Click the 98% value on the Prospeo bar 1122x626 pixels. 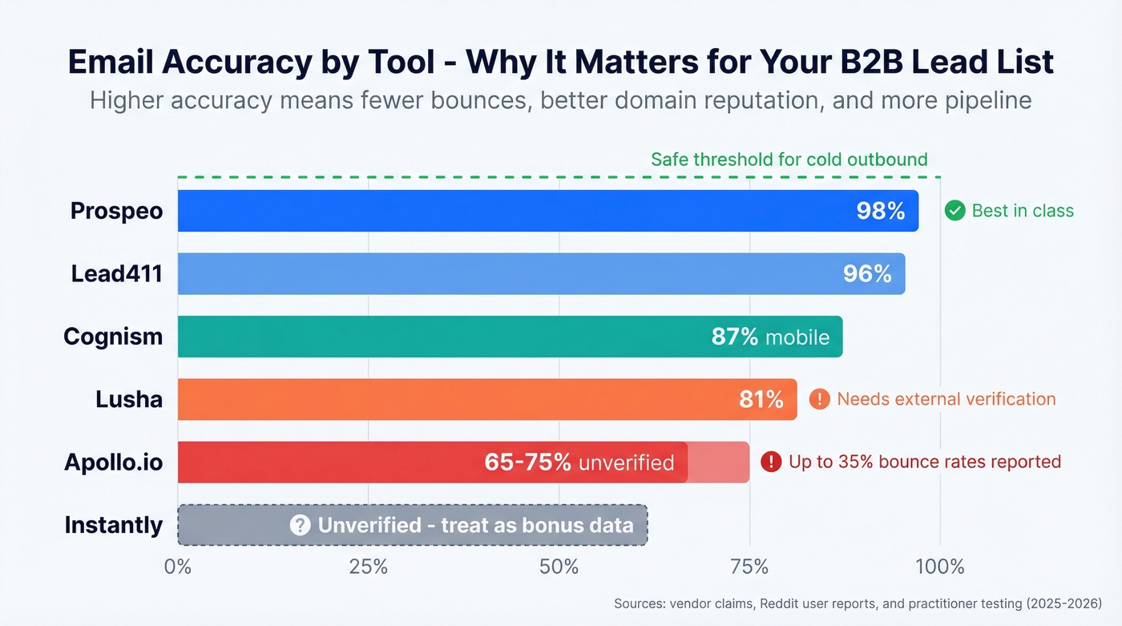pos(880,212)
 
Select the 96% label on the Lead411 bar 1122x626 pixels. pos(866,274)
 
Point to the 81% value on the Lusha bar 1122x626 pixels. pos(761,399)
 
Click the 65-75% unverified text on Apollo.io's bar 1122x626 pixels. pos(579,462)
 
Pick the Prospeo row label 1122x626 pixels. pos(116,211)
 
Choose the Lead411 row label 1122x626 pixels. pos(116,274)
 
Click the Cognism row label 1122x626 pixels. pos(113,337)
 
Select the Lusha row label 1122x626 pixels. pos(128,399)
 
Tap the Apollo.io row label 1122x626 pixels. pos(113,462)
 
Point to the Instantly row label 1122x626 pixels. pos(113,525)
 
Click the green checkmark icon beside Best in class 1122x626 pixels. pos(955,211)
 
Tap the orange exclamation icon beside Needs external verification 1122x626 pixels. pos(819,399)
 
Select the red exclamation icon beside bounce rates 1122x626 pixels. pos(770,462)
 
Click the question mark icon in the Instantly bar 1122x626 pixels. pos(300,525)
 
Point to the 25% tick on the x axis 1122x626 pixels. pos(369,567)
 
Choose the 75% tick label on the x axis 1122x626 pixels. pos(749,567)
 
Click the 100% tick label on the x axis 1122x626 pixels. pos(939,567)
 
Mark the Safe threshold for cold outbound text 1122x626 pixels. pos(789,160)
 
